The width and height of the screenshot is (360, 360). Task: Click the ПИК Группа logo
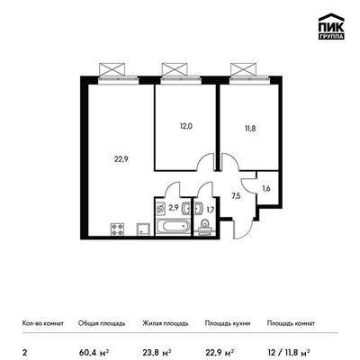tap(331, 27)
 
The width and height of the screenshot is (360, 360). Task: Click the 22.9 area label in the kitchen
tap(121, 159)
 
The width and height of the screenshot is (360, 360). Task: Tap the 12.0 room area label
tap(186, 126)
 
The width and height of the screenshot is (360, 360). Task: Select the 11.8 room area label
tap(250, 129)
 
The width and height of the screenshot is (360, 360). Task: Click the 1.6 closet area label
tap(266, 189)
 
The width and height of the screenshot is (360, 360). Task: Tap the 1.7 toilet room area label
tap(211, 210)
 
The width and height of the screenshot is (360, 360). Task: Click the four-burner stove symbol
tap(117, 229)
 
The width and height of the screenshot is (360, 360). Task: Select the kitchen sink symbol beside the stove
tap(143, 229)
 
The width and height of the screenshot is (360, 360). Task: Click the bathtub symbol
tap(173, 227)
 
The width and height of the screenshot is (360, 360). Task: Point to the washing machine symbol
tap(161, 209)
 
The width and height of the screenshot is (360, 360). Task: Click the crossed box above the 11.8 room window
tap(243, 69)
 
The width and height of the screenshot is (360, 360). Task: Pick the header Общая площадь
tap(102, 323)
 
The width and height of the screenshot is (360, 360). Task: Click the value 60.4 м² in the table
tap(94, 351)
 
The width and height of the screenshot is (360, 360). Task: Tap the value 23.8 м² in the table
tap(157, 351)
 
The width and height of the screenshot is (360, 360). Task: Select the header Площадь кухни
tap(228, 323)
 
